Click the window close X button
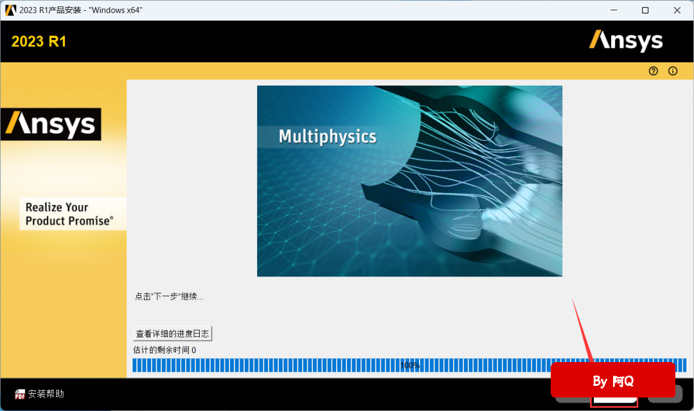click(677, 10)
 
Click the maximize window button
click(645, 10)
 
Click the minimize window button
click(614, 10)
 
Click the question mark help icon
click(654, 71)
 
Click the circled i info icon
click(673, 71)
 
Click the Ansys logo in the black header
click(626, 41)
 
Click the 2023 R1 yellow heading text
click(39, 42)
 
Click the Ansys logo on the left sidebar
click(51, 124)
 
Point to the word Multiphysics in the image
click(328, 136)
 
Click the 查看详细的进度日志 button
click(173, 333)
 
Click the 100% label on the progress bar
click(410, 365)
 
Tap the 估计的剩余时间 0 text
click(165, 350)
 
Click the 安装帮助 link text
click(46, 394)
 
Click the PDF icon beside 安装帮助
click(20, 394)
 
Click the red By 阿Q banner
click(613, 380)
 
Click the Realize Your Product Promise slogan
click(69, 214)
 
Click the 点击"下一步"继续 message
click(169, 297)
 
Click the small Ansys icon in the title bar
click(11, 10)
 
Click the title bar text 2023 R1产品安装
click(50, 10)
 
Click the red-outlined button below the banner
click(614, 401)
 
